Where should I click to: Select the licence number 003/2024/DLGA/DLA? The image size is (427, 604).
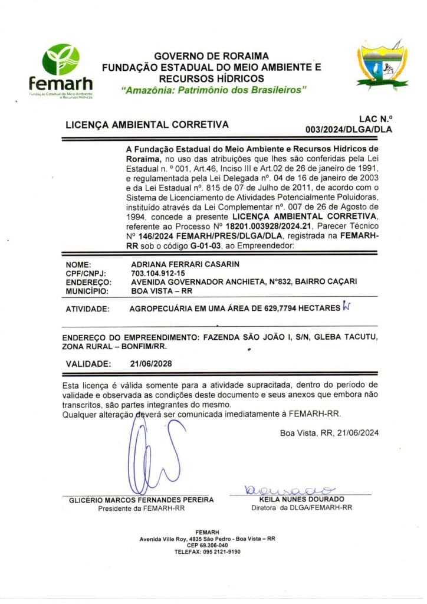pyautogui.click(x=349, y=129)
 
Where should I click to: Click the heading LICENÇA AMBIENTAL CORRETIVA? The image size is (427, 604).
pyautogui.click(x=147, y=124)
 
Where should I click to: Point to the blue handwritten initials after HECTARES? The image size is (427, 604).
pyautogui.click(x=346, y=307)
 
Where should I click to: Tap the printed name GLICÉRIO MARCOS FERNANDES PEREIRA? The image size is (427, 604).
pyautogui.click(x=142, y=500)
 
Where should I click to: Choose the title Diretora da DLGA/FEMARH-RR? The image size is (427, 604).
pyautogui.click(x=301, y=507)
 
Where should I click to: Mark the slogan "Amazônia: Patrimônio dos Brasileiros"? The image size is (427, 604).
pyautogui.click(x=213, y=90)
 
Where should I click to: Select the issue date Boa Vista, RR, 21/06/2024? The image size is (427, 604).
pyautogui.click(x=329, y=433)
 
